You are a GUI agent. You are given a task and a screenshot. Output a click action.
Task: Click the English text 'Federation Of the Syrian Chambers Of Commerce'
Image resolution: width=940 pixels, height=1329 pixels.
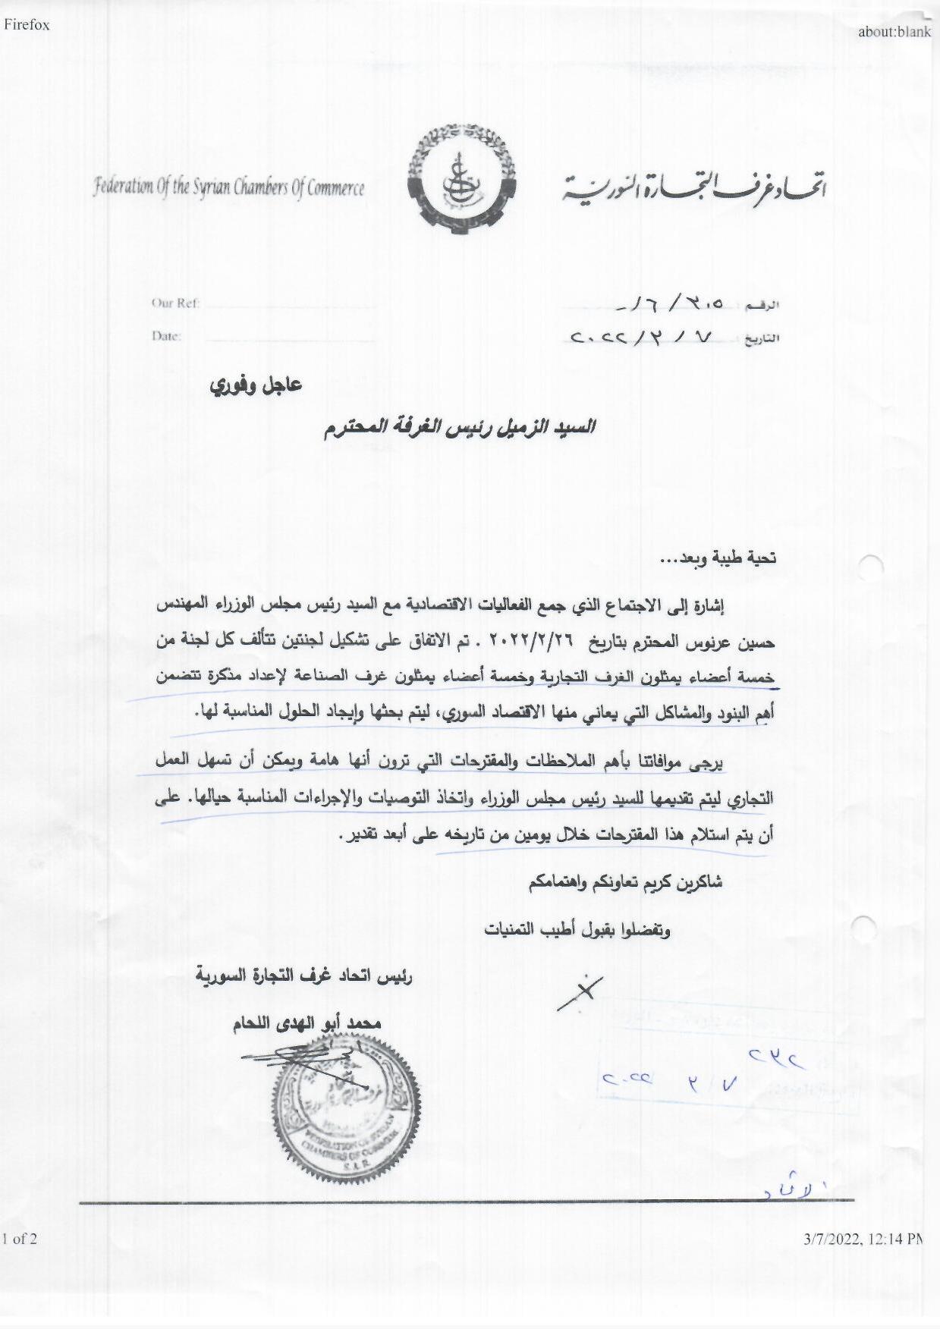click(228, 187)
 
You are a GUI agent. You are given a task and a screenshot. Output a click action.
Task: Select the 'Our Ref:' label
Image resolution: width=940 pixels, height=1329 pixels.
click(175, 303)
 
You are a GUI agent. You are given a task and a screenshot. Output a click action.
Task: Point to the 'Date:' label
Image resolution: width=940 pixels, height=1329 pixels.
click(166, 336)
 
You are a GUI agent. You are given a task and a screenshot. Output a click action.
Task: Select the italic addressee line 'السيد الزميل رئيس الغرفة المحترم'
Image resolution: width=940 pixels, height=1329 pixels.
click(459, 429)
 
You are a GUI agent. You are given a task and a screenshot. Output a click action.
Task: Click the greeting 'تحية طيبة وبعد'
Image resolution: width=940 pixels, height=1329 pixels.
click(718, 559)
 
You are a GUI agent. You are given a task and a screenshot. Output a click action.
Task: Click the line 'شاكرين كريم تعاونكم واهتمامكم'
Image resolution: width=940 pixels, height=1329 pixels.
click(625, 883)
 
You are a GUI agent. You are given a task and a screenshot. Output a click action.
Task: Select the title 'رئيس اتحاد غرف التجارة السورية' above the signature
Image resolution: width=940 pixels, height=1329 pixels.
click(303, 977)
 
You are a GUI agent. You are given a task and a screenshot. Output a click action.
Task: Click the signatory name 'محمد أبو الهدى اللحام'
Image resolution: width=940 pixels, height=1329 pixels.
click(307, 1024)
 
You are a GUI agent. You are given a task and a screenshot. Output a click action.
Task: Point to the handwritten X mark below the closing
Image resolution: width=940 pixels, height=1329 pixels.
click(580, 992)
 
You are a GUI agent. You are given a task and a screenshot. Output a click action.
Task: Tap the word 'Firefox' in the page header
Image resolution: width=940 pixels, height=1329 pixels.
click(27, 24)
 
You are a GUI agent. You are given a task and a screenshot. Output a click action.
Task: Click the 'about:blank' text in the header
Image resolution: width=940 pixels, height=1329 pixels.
click(894, 31)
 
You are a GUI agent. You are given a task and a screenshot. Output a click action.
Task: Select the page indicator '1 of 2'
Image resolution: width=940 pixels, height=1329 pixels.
click(20, 1239)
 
